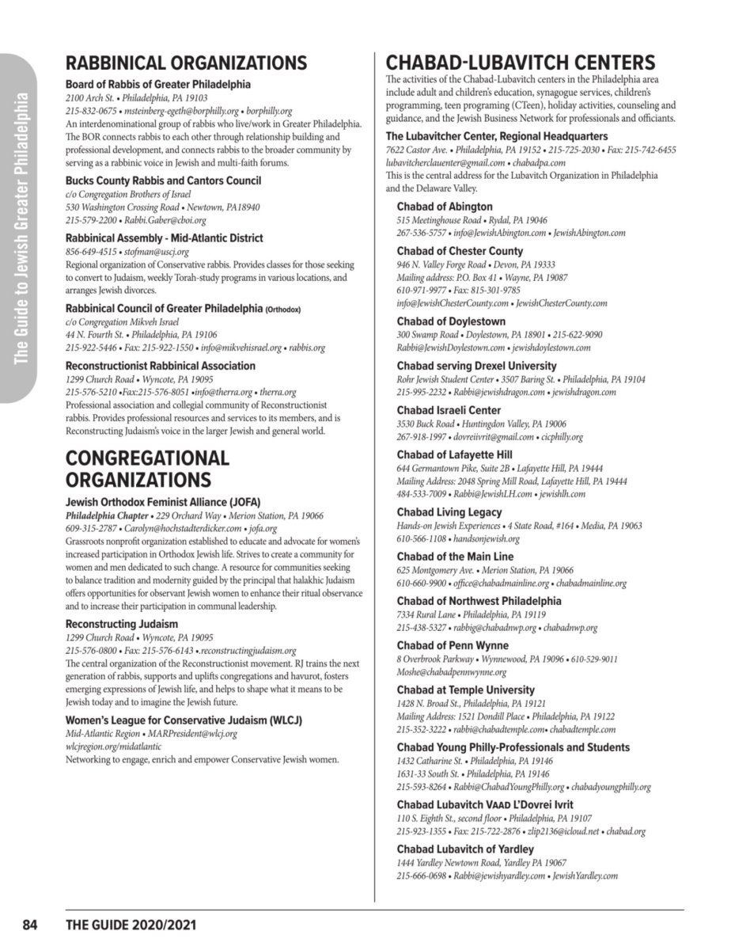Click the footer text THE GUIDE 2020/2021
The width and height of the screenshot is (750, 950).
[x=131, y=925]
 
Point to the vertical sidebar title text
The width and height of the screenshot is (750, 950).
[x=23, y=230]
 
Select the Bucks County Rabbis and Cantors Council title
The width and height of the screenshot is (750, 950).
[x=163, y=180]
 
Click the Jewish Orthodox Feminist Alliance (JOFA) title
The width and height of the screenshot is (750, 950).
[x=163, y=502]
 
